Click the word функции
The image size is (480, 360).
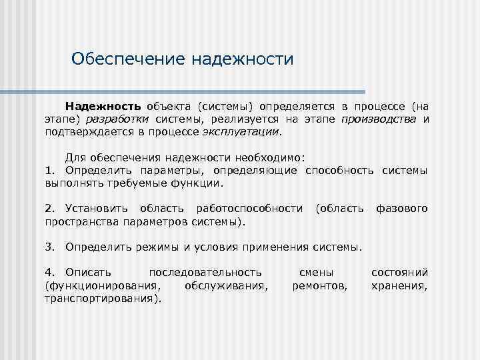coord(199,183)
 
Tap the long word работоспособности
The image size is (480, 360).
coord(254,209)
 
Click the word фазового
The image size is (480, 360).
coord(402,209)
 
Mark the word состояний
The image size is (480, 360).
coord(399,273)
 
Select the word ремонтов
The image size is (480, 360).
coord(320,285)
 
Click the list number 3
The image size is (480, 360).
coord(49,247)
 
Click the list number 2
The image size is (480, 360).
coord(49,209)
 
